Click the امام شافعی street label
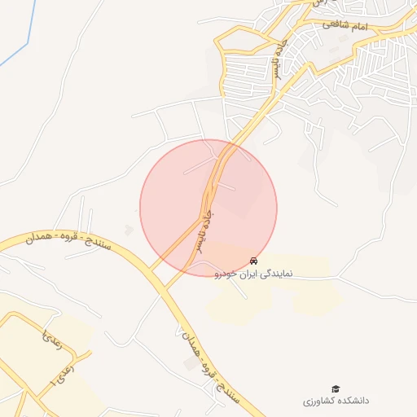[x=345, y=26]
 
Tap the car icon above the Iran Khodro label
[x=255, y=261]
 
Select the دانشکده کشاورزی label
[x=336, y=402]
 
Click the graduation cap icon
[x=335, y=389]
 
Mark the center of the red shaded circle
[x=208, y=208]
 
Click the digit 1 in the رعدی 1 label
[x=54, y=380]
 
